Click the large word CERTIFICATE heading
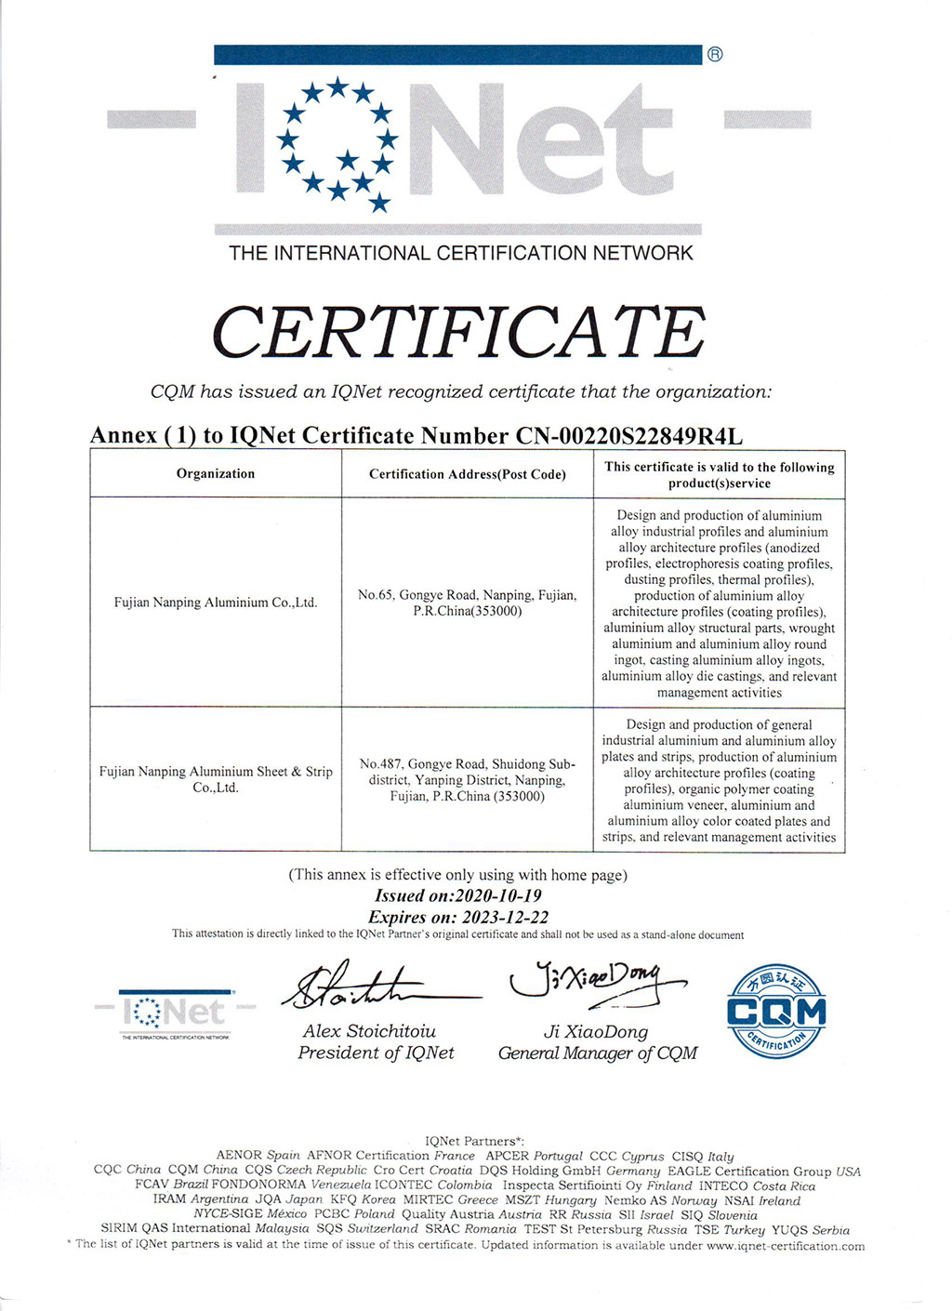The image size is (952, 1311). tap(458, 332)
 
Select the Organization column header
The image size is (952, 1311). tap(216, 473)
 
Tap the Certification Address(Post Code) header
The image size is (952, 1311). tap(468, 474)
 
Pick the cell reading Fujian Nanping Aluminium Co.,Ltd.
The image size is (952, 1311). tap(216, 603)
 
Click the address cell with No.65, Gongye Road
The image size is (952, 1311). tap(468, 603)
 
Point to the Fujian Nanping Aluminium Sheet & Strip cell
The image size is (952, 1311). tap(216, 779)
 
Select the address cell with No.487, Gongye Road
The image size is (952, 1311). tap(468, 779)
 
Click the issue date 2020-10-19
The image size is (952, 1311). tap(498, 895)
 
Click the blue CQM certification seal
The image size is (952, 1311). tap(776, 1012)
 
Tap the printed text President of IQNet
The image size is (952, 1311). tap(376, 1053)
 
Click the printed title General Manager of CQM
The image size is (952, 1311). tap(598, 1053)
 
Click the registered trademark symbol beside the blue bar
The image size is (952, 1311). tap(715, 54)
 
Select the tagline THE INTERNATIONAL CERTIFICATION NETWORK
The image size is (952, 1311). tap(461, 253)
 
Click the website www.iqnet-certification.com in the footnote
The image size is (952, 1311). tap(786, 1246)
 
